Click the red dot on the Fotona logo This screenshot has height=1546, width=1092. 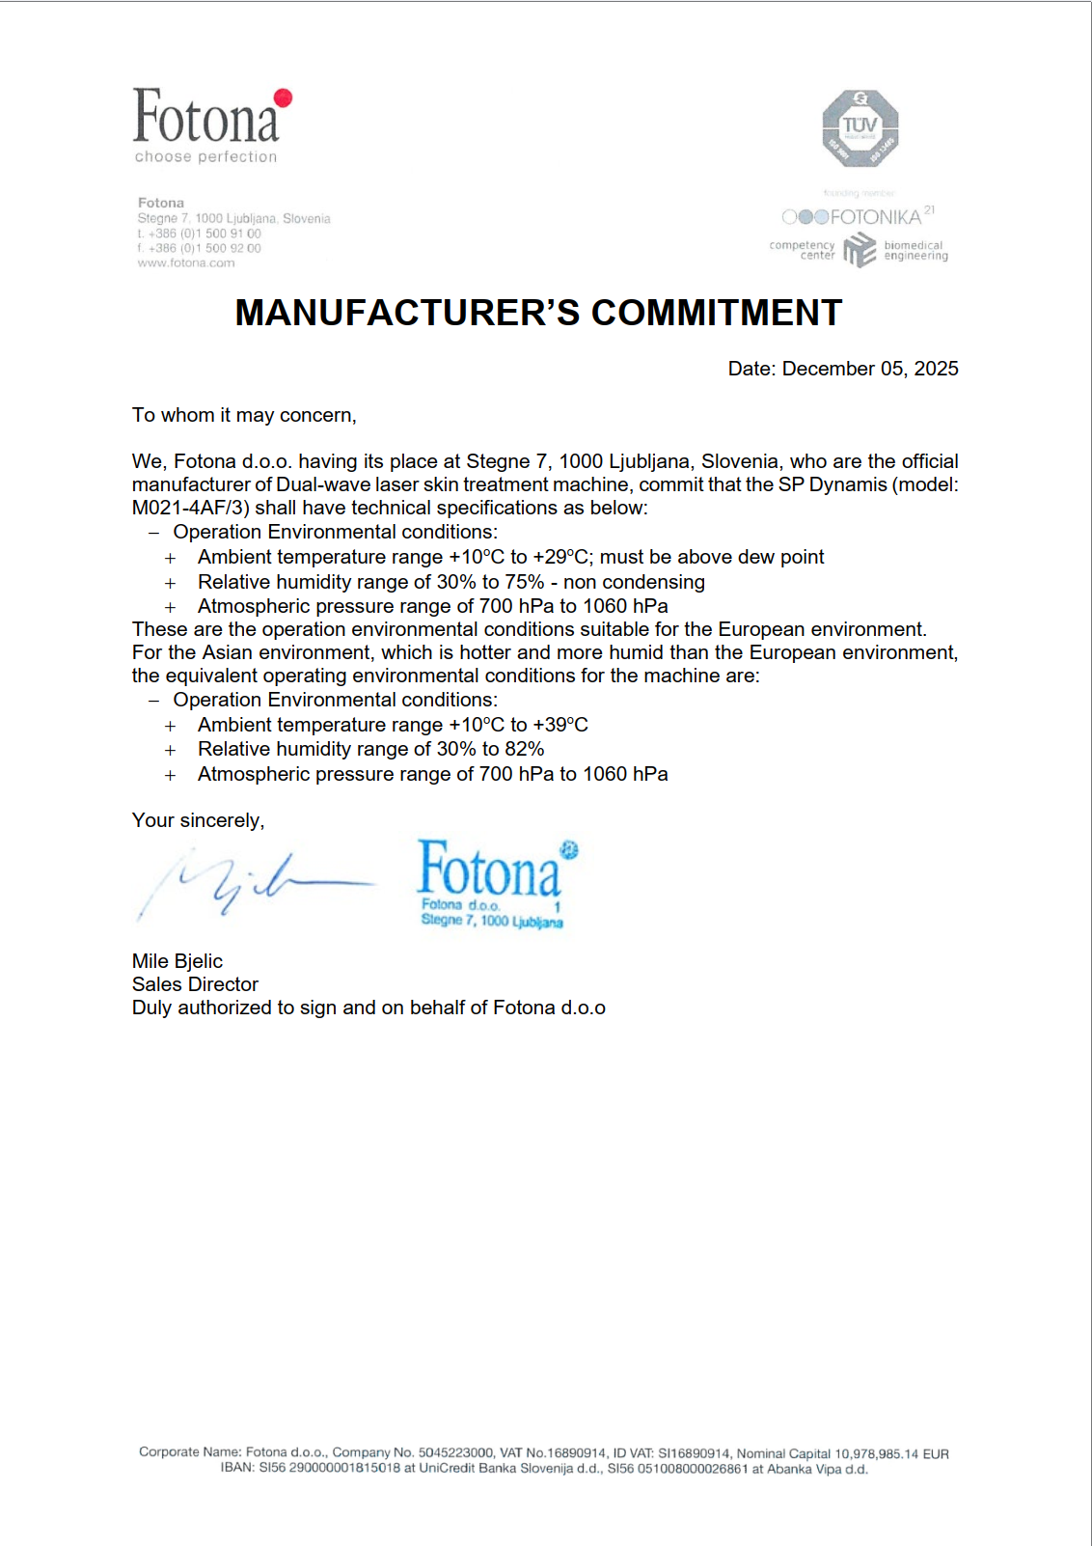(283, 97)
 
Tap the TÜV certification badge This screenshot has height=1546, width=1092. (860, 128)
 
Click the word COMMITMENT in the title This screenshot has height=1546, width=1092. (717, 313)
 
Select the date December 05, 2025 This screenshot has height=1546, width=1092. (870, 369)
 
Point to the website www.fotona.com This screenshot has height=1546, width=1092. (186, 262)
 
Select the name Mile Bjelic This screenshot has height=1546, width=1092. (177, 961)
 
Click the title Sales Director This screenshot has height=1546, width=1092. (195, 984)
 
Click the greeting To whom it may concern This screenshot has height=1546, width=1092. (244, 415)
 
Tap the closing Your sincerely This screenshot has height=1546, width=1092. (198, 820)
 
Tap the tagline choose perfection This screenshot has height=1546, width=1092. (205, 156)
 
